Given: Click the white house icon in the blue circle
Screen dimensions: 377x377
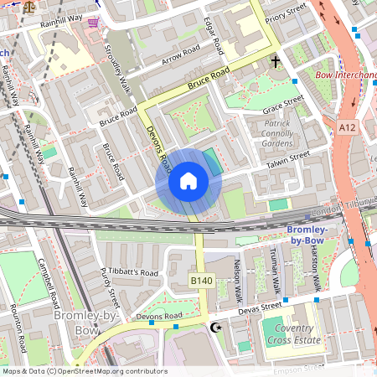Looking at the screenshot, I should coord(188,180).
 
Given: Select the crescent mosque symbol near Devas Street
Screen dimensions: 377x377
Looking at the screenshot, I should coord(217,327).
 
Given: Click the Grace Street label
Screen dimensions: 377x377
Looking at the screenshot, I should coord(282,106).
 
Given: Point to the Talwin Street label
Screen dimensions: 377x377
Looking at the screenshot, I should coord(287,159).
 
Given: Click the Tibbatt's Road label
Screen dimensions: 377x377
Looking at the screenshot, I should coord(133,273).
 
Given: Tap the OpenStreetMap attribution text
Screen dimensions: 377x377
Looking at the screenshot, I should coord(84,371).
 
